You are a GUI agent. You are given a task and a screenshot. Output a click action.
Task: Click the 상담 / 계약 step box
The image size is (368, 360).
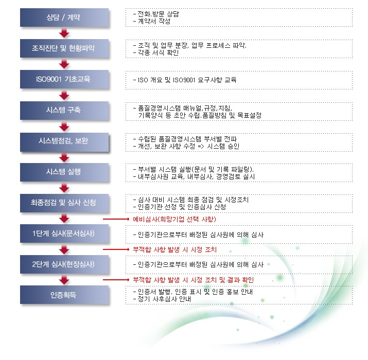(64, 17)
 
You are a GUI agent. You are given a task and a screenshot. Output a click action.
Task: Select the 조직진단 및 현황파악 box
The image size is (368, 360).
(64, 48)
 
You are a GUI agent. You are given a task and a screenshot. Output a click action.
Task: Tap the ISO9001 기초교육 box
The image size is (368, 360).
(64, 79)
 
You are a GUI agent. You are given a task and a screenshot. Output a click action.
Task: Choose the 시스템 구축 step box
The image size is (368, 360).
(64, 110)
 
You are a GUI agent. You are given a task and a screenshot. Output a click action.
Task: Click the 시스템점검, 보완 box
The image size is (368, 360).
(64, 141)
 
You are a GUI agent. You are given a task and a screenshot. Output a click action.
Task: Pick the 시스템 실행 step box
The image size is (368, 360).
(64, 172)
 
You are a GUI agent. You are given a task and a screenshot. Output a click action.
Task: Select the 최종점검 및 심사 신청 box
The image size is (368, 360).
(64, 203)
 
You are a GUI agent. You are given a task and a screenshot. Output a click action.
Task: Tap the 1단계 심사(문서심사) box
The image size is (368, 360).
(64, 233)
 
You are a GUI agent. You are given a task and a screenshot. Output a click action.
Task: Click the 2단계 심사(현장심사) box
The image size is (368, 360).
(64, 264)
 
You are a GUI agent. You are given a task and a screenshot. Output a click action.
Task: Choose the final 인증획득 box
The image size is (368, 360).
(64, 295)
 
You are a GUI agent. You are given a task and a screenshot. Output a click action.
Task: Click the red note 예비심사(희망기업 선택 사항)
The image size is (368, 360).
(174, 219)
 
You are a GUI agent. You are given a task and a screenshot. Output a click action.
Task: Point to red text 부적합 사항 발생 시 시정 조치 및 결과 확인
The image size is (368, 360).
(194, 280)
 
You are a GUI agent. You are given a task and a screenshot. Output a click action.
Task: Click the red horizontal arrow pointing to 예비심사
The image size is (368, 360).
(116, 219)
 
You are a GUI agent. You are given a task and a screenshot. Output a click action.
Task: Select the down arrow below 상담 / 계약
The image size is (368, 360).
(64, 33)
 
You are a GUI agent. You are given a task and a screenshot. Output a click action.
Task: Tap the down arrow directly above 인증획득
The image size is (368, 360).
(64, 280)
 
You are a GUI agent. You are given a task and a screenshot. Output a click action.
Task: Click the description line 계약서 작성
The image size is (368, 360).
(154, 21)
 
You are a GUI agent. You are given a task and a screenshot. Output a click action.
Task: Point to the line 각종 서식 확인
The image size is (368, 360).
(158, 52)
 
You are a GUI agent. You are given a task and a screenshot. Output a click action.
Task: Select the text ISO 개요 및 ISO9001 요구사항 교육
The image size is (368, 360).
(187, 80)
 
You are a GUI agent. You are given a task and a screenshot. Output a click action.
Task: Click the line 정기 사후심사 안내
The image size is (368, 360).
(164, 299)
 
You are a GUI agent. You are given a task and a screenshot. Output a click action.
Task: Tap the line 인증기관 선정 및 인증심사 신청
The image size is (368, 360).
(182, 207)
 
